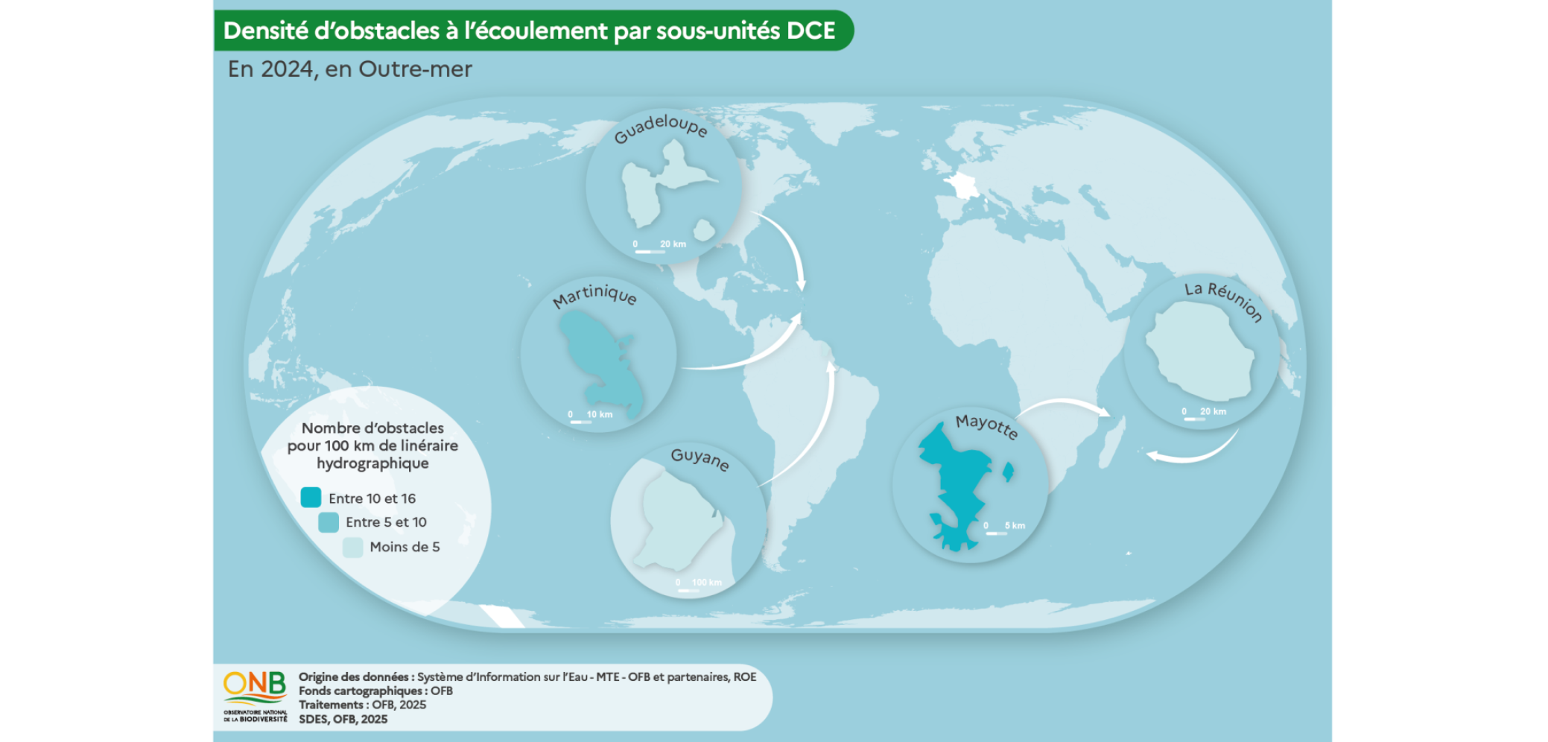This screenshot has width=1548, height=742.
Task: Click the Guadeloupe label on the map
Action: (660, 127)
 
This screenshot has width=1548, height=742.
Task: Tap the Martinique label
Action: (594, 295)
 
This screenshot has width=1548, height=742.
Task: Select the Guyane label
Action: (700, 459)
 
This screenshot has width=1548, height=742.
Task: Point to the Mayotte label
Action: (986, 426)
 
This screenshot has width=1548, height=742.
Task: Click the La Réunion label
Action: (1224, 299)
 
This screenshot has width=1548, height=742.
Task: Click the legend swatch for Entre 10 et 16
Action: (311, 498)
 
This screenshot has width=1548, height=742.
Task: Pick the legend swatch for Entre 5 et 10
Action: (329, 522)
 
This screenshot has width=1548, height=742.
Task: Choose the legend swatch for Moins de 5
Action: (352, 548)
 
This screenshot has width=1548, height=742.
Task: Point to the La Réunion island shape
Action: (1199, 355)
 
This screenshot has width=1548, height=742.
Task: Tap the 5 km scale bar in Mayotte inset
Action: (996, 533)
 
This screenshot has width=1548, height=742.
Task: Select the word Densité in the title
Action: (266, 31)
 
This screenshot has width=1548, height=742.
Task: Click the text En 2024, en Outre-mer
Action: (349, 69)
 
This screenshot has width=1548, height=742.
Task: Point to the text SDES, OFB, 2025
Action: (343, 719)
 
